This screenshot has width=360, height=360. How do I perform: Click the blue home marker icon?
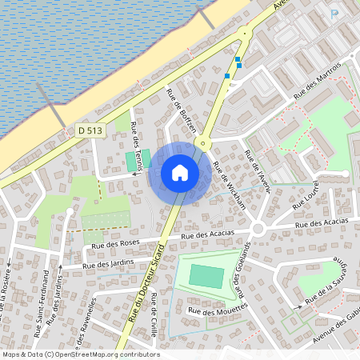pyautogui.click(x=180, y=173)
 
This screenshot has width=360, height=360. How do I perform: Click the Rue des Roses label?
pyautogui.click(x=116, y=243)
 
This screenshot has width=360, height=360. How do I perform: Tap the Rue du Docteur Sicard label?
pyautogui.click(x=144, y=283)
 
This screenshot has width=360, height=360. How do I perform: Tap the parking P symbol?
pyautogui.click(x=334, y=14)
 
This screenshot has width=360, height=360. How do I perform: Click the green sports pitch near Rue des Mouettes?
pyautogui.click(x=206, y=276)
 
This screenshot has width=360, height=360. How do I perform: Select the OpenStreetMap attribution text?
pyautogui.click(x=80, y=354)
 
